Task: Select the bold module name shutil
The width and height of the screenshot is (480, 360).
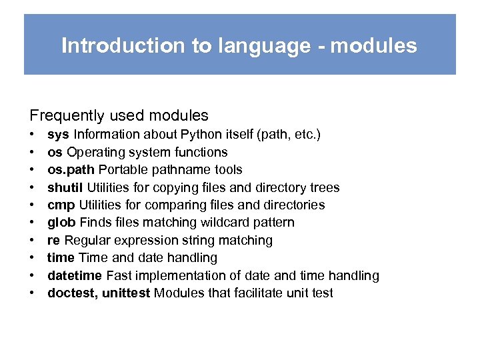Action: click(65, 187)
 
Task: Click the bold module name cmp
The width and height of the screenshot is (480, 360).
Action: click(61, 205)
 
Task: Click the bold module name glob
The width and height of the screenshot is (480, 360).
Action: click(61, 223)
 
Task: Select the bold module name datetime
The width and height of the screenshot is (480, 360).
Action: click(75, 275)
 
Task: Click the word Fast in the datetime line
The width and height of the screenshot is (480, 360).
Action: click(118, 275)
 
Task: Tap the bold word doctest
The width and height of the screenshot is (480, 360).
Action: click(72, 293)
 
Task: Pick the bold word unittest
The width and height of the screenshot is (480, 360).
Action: click(126, 293)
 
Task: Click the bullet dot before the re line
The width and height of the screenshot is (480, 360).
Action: click(31, 241)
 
